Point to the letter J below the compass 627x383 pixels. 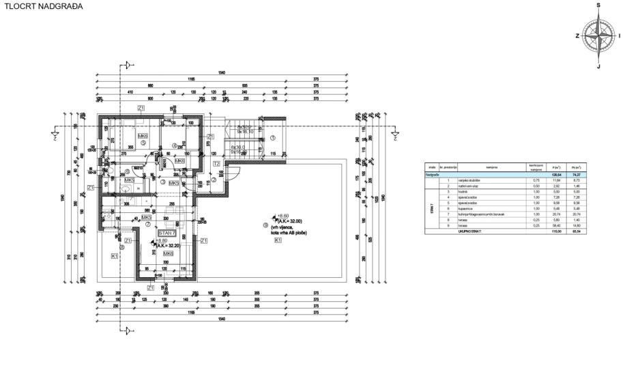pyautogui.click(x=598, y=66)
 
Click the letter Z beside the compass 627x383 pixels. pyautogui.click(x=577, y=36)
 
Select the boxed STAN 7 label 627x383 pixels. pyautogui.click(x=166, y=233)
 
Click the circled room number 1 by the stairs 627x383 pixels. pyautogui.click(x=272, y=137)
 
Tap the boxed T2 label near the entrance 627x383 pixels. pyautogui.click(x=216, y=164)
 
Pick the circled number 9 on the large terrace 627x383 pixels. pyautogui.click(x=265, y=225)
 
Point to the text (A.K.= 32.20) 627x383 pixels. pyautogui.click(x=168, y=246)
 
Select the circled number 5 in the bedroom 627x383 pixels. pyautogui.click(x=143, y=143)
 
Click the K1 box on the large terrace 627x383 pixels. pyautogui.click(x=278, y=240)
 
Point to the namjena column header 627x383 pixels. pyautogui.click(x=491, y=166)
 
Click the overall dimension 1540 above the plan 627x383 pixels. pyautogui.click(x=221, y=73)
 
